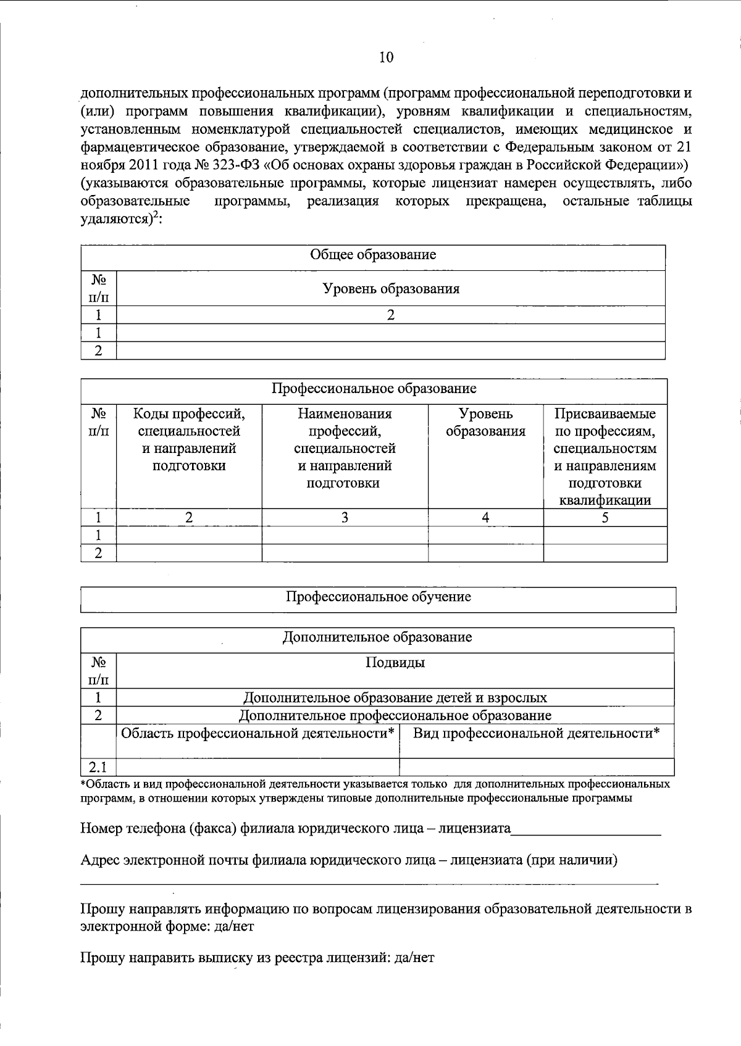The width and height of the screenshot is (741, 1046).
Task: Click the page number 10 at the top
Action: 385,57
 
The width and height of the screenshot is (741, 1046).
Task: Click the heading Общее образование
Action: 372,254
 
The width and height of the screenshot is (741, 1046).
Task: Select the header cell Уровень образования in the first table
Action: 391,288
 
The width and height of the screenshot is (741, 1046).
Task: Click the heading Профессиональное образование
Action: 374,388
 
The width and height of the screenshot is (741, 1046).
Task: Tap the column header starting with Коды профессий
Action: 189,439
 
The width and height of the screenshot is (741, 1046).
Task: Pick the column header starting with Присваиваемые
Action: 605,456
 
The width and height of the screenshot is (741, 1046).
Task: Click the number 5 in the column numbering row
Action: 605,518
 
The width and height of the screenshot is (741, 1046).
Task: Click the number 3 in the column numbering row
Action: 345,518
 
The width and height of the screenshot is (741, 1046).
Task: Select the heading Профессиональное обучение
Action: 378,597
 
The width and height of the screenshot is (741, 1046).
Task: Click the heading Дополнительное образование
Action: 377,637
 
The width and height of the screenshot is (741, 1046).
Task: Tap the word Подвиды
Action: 395,663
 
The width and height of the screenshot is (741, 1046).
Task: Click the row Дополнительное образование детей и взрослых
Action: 395,698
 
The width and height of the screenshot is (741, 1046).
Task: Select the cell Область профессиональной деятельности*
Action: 257,733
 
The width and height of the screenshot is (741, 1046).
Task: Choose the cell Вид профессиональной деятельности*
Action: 536,733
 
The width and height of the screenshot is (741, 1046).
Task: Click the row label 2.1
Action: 98,768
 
